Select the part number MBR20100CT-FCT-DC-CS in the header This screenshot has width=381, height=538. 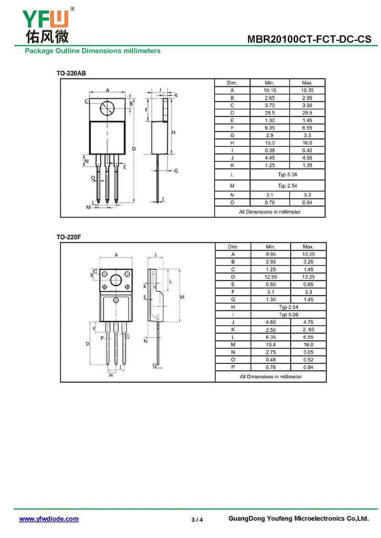pos(309,39)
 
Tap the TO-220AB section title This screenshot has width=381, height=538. pos(71,73)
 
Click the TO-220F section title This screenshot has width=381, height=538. pos(69,237)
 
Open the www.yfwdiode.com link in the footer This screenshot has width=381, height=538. pos(49,519)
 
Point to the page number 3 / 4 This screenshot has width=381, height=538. pos(197,520)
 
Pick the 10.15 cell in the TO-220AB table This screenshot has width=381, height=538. pos(270,90)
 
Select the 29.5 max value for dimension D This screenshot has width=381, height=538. pos(307,113)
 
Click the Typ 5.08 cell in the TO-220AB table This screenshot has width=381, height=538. pos(288,175)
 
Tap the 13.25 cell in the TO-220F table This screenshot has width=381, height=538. pos(308,277)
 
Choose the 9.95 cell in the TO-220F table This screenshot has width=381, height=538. pos(271,254)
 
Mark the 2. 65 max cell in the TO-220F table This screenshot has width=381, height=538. pos(308,329)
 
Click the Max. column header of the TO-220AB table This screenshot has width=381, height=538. pos(307,83)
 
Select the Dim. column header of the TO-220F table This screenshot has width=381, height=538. pos(233,247)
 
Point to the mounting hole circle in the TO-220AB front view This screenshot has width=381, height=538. pos(107,109)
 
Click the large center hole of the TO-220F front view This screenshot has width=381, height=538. pos(116,280)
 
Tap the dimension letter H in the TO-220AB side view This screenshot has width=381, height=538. pos(173,132)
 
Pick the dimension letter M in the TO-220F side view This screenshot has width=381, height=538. pos(182,297)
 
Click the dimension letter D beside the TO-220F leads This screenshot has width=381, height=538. pos(88,344)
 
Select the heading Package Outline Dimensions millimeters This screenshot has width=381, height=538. pos(93,51)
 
